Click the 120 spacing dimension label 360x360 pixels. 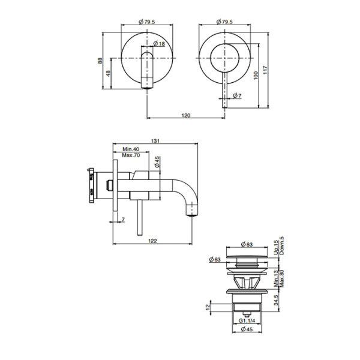(186, 115)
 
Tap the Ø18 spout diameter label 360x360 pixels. (159, 43)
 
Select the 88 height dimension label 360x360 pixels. (100, 61)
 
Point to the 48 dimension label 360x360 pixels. (108, 73)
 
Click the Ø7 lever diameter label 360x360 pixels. (237, 95)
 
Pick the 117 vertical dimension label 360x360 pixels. (265, 70)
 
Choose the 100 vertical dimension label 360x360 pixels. (256, 76)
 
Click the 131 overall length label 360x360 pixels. (155, 141)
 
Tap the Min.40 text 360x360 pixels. (131, 149)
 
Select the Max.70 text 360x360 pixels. (131, 155)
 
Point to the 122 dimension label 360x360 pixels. (152, 241)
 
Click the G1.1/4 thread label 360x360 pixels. (247, 320)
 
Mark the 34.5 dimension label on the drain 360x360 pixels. (276, 300)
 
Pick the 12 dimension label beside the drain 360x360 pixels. (208, 307)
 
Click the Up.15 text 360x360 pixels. (276, 247)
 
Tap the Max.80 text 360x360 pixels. (282, 278)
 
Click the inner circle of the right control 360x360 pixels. (225, 58)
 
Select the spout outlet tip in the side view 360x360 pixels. (192, 215)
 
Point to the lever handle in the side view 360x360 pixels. (139, 217)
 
